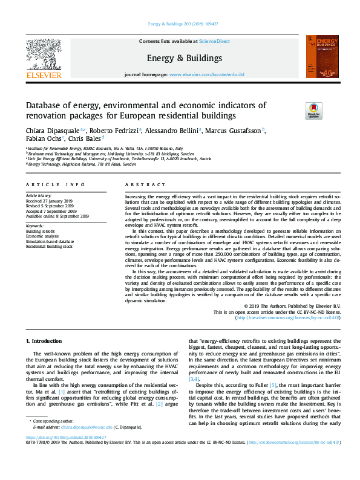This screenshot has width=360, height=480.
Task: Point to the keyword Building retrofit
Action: coord(40,232)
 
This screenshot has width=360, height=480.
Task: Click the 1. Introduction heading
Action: coord(46,342)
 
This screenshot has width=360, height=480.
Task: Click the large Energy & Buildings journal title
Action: coord(184,58)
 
